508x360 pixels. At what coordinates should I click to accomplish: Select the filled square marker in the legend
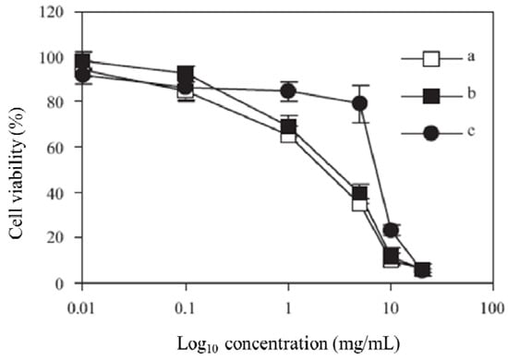pos(429,96)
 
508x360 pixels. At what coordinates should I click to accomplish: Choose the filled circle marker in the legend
pos(429,133)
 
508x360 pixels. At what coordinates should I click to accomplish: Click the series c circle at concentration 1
pos(288,91)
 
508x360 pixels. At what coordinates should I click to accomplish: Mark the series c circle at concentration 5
pos(360,103)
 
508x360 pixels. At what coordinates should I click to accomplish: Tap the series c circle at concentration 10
pos(391,230)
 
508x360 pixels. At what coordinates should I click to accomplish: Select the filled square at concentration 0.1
pos(186,74)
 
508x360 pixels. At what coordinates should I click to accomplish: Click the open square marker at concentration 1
pos(288,135)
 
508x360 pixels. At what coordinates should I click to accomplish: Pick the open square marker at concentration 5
pos(360,202)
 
